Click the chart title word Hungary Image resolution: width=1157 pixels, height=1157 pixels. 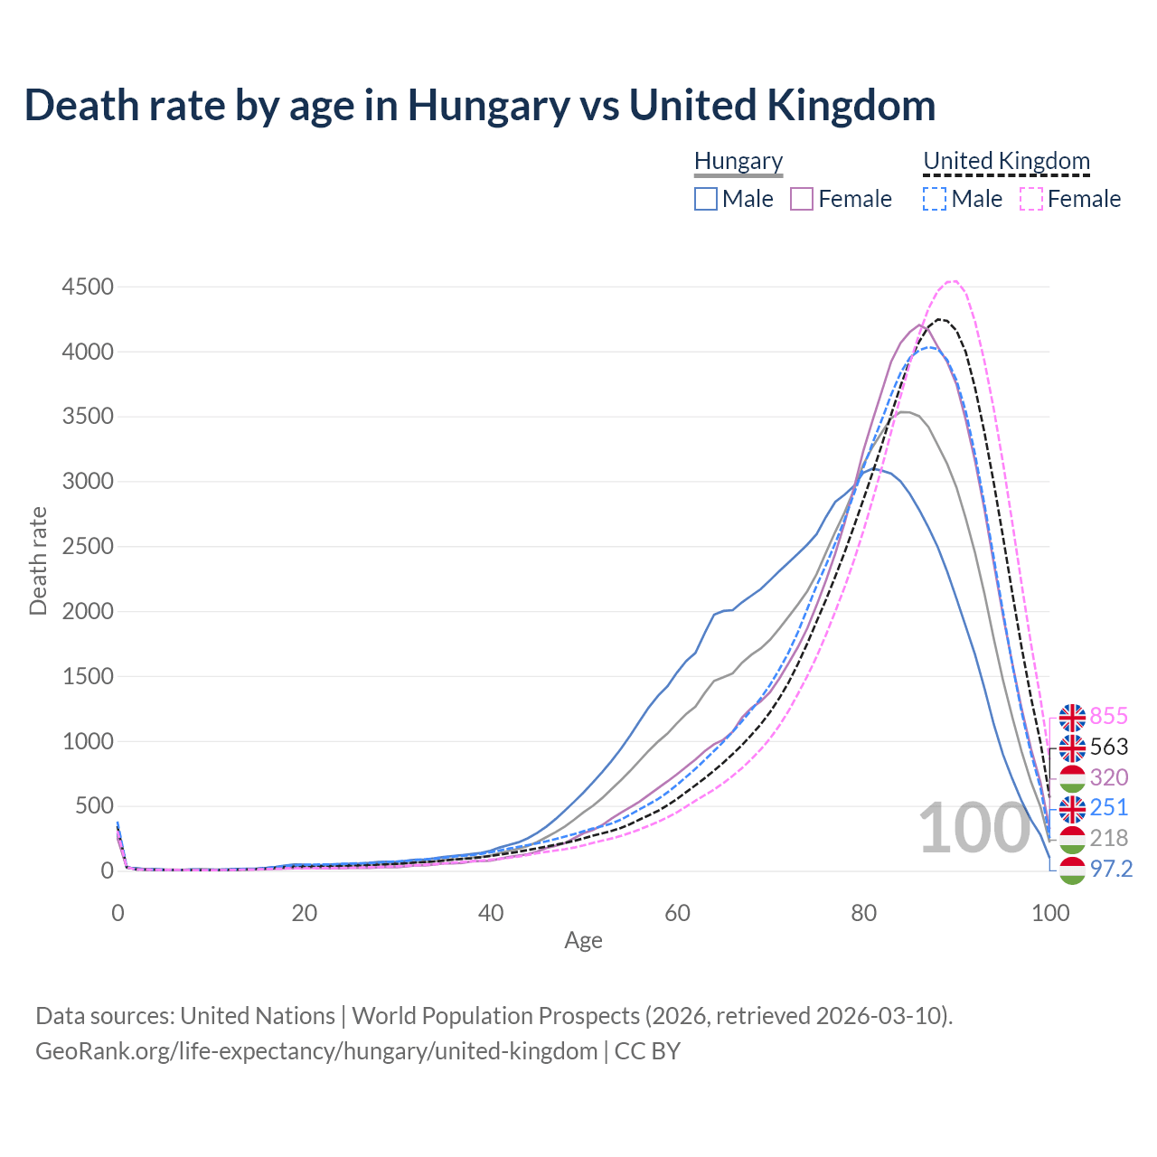click(488, 106)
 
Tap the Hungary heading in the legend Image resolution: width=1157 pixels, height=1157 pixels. click(738, 162)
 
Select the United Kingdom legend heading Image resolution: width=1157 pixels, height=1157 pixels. click(1006, 162)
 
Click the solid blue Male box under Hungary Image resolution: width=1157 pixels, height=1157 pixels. click(706, 199)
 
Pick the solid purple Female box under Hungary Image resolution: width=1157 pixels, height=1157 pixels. click(802, 199)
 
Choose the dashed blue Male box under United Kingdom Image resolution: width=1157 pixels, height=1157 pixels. click(935, 199)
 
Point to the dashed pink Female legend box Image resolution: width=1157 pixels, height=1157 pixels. click(1031, 199)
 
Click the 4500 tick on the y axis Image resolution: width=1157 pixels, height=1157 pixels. click(88, 287)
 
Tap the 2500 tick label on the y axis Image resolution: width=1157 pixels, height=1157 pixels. click(88, 547)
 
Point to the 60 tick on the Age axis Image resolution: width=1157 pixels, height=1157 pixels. click(677, 913)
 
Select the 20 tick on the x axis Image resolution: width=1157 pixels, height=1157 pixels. click(305, 913)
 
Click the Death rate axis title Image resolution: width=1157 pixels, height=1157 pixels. click(38, 560)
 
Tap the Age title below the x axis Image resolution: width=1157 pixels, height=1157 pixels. click(583, 941)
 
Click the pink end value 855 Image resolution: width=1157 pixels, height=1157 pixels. click(1108, 717)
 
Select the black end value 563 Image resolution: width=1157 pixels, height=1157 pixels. click(1108, 747)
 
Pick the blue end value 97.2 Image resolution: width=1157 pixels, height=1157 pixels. click(1111, 869)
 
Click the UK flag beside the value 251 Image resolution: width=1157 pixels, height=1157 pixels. click(1072, 808)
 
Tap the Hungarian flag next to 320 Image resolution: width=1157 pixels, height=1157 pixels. click(1072, 777)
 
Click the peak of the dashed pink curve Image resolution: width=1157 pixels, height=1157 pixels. click(952, 280)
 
